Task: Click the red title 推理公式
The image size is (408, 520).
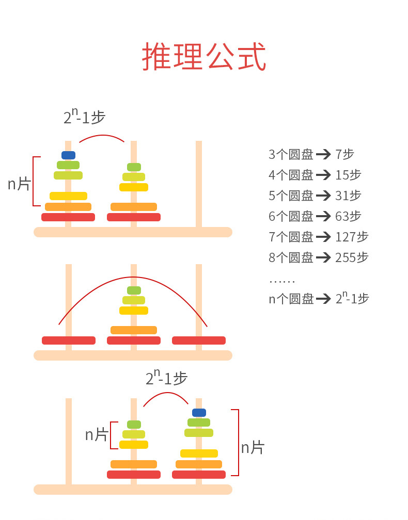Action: pos(204,57)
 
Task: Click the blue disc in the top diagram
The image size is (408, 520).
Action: pos(68,155)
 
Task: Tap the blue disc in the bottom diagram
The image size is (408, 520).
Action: pos(199,413)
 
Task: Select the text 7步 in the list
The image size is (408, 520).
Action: pos(345,154)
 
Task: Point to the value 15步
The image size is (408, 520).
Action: pos(348,175)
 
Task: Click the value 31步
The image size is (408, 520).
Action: pos(348,196)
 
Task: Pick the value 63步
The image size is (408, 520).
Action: pos(348,216)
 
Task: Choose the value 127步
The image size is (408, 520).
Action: pos(352,237)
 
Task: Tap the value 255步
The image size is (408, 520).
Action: pos(352,257)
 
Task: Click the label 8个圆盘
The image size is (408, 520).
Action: pos(291,257)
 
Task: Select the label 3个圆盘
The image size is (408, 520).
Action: pos(291,154)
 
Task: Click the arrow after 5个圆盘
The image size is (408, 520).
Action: pos(323,196)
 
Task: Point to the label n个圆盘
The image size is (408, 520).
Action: pos(291,299)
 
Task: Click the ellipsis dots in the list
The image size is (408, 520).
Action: pos(282,281)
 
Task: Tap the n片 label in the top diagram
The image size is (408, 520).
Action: pos(19,184)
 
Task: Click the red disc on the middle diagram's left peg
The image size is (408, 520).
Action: pos(69,340)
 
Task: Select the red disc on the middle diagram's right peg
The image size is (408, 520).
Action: pos(199,340)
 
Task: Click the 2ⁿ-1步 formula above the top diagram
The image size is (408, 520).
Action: pos(84,117)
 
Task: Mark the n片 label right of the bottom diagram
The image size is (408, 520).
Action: pos(253,447)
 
